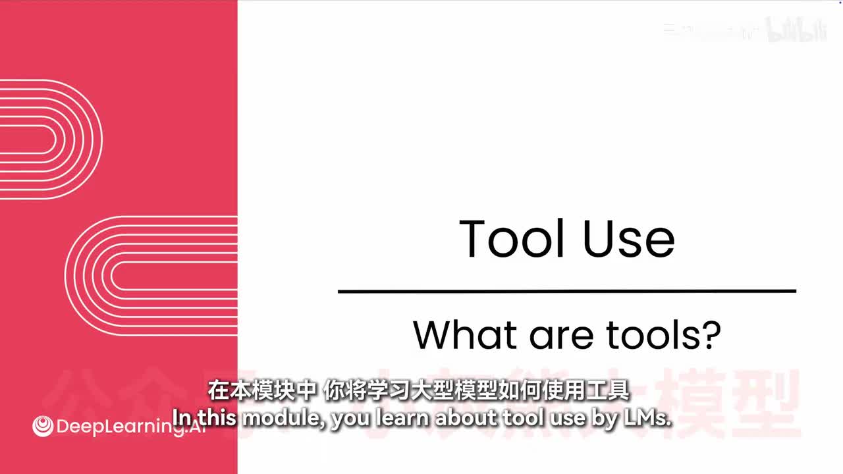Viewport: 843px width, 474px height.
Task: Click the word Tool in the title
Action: [512, 238]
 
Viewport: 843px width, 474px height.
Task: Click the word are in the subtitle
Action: [560, 336]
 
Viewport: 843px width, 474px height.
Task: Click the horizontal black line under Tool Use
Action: [566, 290]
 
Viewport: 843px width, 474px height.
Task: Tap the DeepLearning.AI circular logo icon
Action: [43, 426]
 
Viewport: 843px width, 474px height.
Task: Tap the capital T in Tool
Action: [475, 238]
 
